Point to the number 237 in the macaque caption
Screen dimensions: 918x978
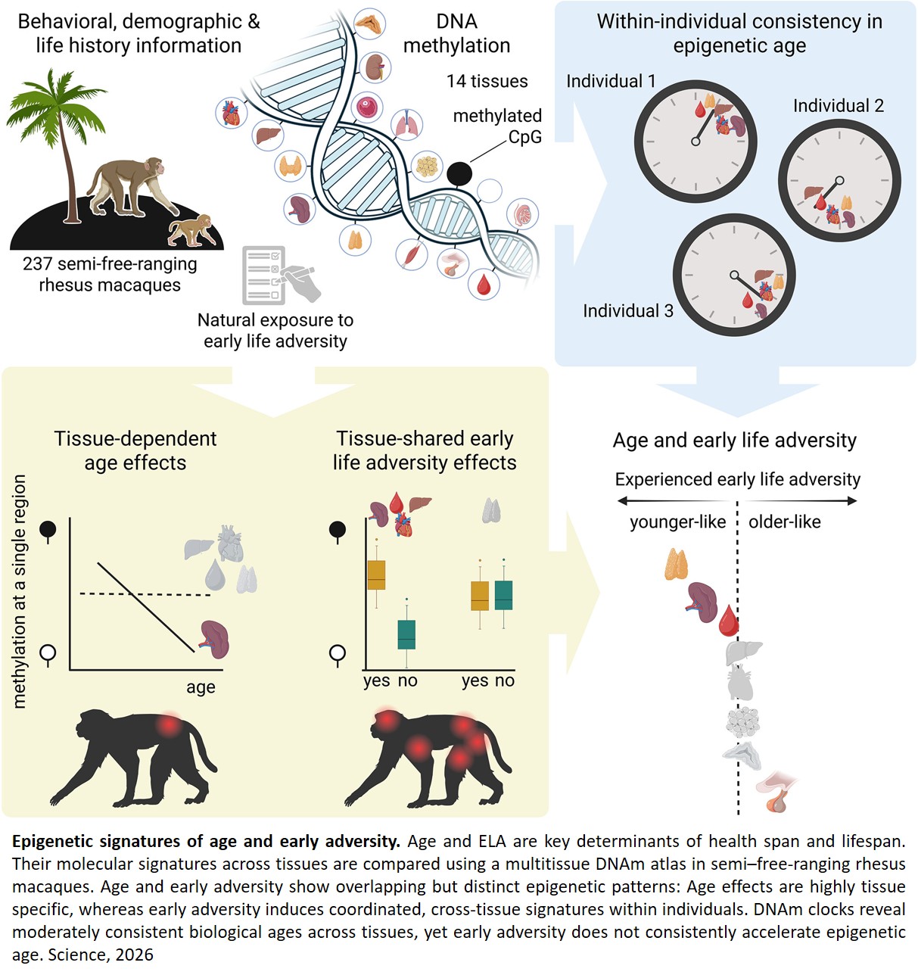37,264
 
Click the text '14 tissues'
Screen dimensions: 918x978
487,81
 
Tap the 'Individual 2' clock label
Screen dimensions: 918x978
839,106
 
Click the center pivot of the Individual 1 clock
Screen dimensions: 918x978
696,142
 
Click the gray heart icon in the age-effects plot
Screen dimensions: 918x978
231,544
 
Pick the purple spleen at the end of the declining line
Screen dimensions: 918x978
215,640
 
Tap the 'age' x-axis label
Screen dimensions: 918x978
201,687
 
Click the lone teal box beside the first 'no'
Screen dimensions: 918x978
406,635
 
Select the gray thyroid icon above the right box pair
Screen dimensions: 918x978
491,510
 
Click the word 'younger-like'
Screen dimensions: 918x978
677,522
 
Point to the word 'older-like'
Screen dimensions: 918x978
785,522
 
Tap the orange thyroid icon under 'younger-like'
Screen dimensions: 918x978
676,565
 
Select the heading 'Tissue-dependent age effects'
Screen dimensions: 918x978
135,450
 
